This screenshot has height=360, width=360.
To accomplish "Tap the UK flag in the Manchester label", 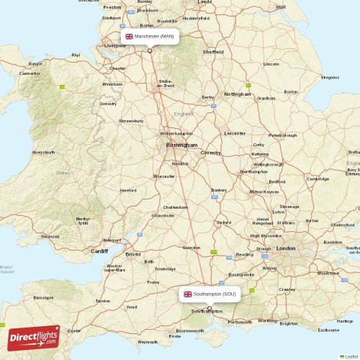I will pos(130,36).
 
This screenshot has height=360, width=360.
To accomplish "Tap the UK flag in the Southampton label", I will pos(188,294).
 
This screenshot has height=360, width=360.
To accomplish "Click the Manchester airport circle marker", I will pos(150,50).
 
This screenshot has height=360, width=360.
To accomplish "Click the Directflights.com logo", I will pos(34,336).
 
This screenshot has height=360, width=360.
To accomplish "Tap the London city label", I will pos(286,248).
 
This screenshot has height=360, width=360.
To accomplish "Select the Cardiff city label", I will pos(99,251).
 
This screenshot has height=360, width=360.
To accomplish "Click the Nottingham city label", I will pos(238,94).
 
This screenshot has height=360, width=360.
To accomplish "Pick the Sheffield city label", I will pos(212,52).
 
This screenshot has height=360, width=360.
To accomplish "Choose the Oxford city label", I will pos(224,222).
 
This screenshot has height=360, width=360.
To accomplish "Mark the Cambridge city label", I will pos(318,179).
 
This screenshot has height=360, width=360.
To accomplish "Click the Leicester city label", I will pos(235,133).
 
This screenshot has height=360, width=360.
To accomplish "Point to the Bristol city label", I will pos(133,254).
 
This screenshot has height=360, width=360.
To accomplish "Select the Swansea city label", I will pos(50,235).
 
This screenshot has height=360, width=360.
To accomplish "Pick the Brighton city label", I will pos(289,324).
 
